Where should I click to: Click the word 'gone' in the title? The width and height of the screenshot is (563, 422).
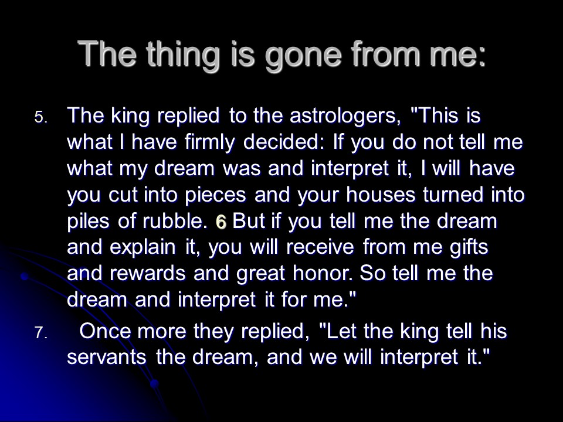(x=303, y=55)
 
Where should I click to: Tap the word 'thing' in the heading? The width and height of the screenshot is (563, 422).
(x=183, y=55)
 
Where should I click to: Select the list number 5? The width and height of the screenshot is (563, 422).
(x=40, y=117)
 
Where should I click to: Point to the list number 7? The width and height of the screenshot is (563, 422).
(x=40, y=333)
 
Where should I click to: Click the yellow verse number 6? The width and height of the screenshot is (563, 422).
(x=221, y=223)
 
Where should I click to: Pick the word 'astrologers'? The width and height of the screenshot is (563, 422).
(x=345, y=117)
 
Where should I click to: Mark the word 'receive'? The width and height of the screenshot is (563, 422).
(x=320, y=247)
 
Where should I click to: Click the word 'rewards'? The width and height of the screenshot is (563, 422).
(x=148, y=274)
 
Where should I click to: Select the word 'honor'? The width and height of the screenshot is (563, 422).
(x=323, y=274)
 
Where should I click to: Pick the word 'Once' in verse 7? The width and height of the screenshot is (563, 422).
(x=105, y=331)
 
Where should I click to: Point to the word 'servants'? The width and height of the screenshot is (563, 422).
(x=107, y=358)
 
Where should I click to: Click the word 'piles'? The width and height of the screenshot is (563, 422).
(x=88, y=222)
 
